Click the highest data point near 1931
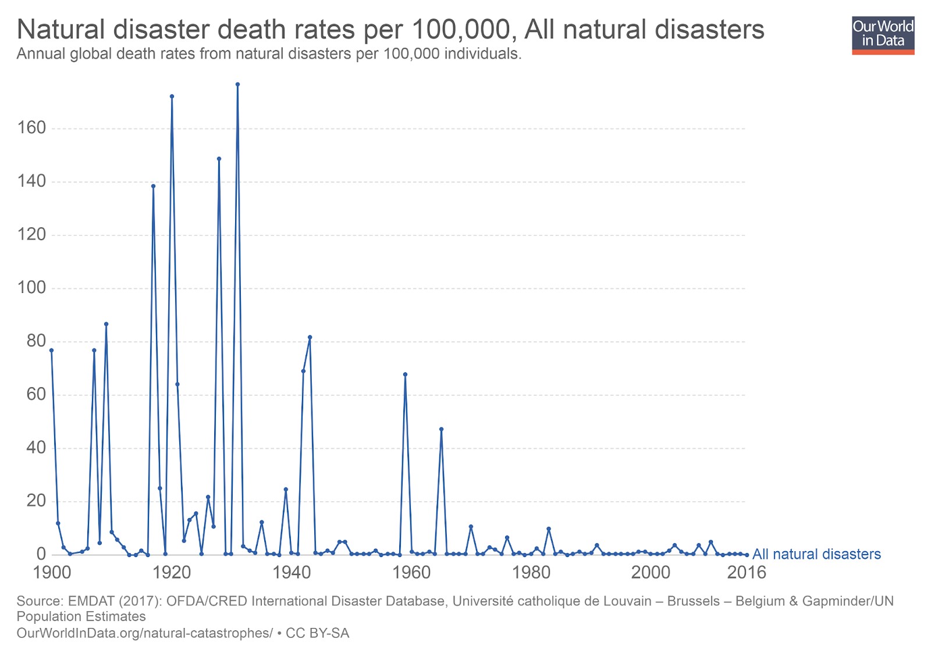click(237, 84)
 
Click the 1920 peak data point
click(172, 97)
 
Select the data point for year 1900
click(51, 350)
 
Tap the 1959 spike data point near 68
click(405, 374)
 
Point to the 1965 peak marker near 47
click(441, 429)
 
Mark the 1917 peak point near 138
click(153, 186)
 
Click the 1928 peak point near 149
click(219, 159)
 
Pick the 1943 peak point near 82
click(310, 337)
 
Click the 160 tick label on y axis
click(31, 128)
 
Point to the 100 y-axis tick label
click(31, 288)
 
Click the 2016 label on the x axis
click(747, 573)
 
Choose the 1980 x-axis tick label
click(531, 573)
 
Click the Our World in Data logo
click(883, 35)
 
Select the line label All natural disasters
click(816, 554)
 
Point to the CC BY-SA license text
click(318, 633)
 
